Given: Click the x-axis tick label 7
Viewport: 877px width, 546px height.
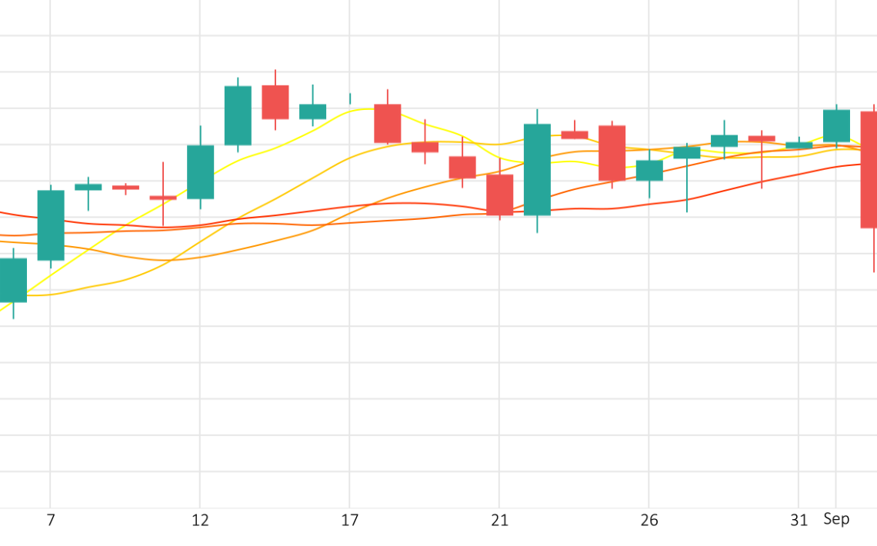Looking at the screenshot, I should pyautogui.click(x=51, y=521).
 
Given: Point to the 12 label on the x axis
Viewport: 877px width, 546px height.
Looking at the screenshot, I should pyautogui.click(x=200, y=521).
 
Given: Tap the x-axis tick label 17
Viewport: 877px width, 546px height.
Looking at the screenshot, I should pyautogui.click(x=350, y=521).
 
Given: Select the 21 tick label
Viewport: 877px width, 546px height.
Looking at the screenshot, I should pyautogui.click(x=499, y=521).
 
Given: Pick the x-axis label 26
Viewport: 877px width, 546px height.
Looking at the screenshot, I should pyautogui.click(x=649, y=521).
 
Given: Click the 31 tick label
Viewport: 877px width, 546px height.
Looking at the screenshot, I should pyautogui.click(x=799, y=521).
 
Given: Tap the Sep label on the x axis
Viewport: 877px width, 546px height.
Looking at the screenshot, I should pyautogui.click(x=836, y=519).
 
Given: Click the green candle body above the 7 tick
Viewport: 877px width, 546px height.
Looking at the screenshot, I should pyautogui.click(x=51, y=225).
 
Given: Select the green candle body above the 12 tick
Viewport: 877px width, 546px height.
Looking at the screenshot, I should pyautogui.click(x=200, y=171).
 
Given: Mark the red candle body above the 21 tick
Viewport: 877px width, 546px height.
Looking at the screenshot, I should pyautogui.click(x=499, y=195).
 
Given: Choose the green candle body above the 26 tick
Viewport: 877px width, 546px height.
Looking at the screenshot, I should pyautogui.click(x=649, y=170).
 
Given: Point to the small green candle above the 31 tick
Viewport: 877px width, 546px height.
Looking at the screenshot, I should pyautogui.click(x=799, y=145).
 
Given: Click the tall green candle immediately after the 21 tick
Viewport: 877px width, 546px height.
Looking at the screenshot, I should pyautogui.click(x=537, y=169).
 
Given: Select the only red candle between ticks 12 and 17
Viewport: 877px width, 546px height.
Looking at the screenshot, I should pyautogui.click(x=275, y=102).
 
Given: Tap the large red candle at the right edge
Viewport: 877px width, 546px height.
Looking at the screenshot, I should pyautogui.click(x=869, y=169).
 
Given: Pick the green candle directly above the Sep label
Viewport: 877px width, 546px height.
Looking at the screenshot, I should pyautogui.click(x=836, y=125).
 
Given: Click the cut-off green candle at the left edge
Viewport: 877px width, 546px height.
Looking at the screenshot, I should pyautogui.click(x=12, y=280).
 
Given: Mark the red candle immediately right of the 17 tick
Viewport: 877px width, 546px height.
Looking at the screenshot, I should pyautogui.click(x=388, y=123).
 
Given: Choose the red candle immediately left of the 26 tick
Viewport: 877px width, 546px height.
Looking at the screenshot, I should pyautogui.click(x=612, y=153).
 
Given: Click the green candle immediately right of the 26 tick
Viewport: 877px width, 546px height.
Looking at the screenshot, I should pyautogui.click(x=687, y=153).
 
